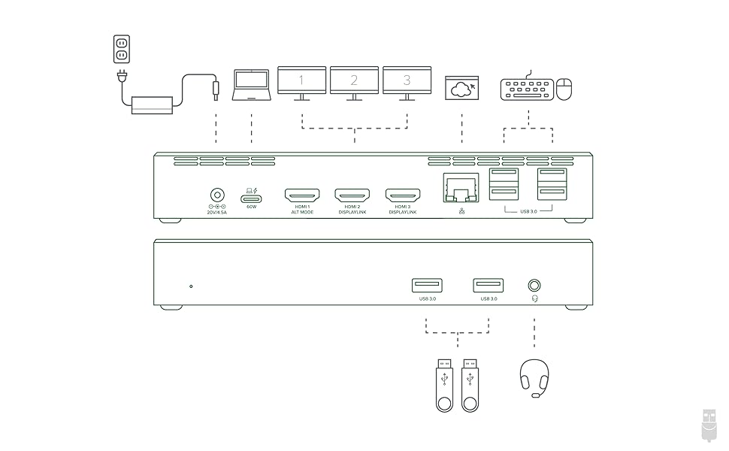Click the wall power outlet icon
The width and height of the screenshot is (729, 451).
click(x=121, y=50)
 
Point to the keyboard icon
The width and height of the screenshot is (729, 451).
click(x=527, y=89)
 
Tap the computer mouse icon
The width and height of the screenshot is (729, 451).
click(x=565, y=89)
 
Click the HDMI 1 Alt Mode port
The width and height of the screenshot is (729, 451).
click(x=302, y=195)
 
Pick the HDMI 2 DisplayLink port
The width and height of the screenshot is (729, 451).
click(x=352, y=195)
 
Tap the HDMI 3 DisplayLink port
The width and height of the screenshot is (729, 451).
click(x=403, y=195)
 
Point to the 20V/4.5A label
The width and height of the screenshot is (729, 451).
click(x=217, y=213)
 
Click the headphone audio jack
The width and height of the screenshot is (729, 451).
click(x=534, y=286)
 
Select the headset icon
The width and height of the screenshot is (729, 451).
click(x=534, y=377)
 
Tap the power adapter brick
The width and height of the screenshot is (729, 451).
click(x=152, y=104)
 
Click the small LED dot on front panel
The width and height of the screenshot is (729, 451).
click(x=191, y=286)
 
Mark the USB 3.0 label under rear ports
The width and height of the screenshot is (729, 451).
click(x=528, y=213)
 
